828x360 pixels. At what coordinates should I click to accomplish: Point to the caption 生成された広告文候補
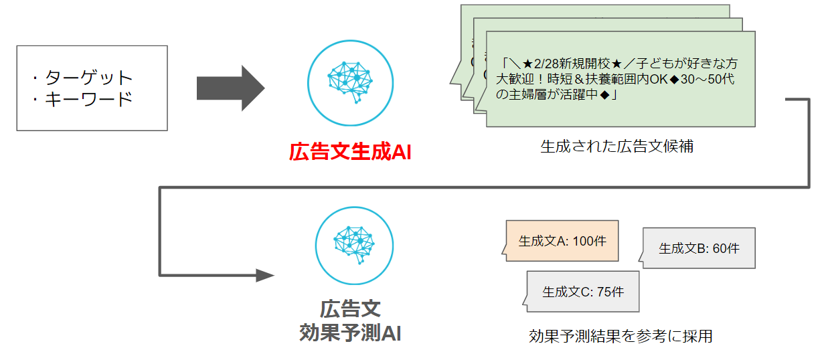click(616, 147)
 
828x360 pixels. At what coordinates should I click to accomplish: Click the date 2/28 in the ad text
click(546, 64)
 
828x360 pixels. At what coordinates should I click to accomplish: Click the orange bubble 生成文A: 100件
click(562, 241)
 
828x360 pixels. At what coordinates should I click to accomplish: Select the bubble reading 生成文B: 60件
click(699, 248)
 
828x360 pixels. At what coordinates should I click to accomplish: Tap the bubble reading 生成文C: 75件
click(582, 292)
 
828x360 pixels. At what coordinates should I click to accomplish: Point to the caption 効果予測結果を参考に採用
click(620, 336)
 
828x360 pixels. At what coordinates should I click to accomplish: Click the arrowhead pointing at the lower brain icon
click(265, 275)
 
